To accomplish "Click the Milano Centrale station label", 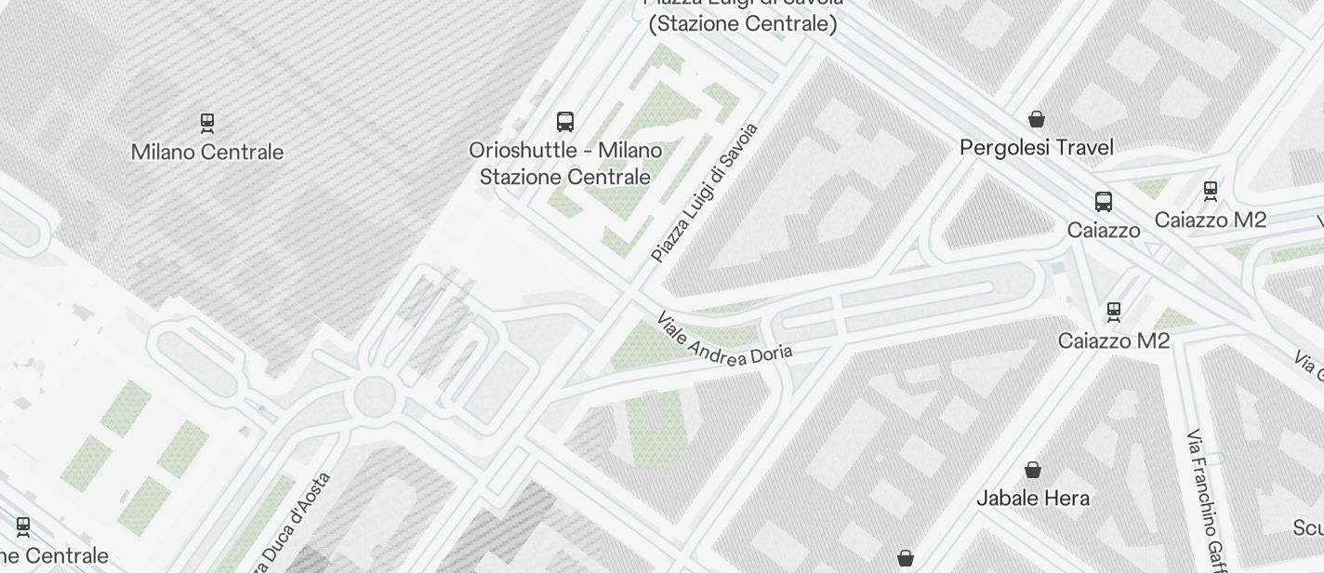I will click(207, 152).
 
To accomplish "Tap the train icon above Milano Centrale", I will click(207, 122).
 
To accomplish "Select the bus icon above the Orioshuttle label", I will click(565, 121).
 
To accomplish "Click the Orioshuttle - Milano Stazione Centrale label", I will click(565, 163).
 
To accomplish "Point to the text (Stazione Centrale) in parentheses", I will click(743, 23).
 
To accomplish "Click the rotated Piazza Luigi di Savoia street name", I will click(705, 193).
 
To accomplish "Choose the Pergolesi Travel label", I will click(1037, 147).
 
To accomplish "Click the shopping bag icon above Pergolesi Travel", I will click(1037, 119).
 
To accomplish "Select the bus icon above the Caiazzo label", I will click(1104, 201).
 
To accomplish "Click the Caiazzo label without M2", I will click(1104, 230).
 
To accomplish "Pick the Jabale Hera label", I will click(1033, 498).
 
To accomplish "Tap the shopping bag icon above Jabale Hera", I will click(1033, 469).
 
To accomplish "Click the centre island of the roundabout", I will click(376, 395).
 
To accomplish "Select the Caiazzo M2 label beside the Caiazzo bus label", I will click(1210, 220).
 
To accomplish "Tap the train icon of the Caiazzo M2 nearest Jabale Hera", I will click(1114, 311).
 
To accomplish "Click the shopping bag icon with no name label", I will click(906, 558).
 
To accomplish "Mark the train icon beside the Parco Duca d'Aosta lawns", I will click(23, 527).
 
